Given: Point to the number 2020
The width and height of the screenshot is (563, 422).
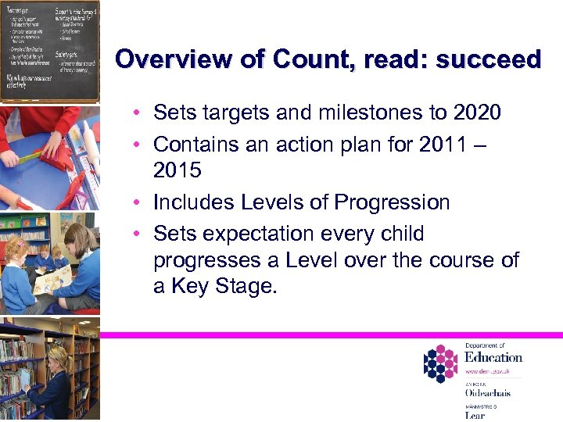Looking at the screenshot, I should click(x=477, y=113).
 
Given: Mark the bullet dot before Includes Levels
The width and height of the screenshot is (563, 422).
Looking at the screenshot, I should click(x=136, y=202).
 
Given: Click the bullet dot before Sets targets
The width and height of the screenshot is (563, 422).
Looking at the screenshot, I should click(x=136, y=113).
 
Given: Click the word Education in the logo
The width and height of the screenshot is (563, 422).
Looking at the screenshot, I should click(x=493, y=357).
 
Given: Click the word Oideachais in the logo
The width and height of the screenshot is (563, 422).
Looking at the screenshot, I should click(x=487, y=393).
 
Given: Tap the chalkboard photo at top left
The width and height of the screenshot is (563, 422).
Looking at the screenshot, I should click(x=49, y=50).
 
